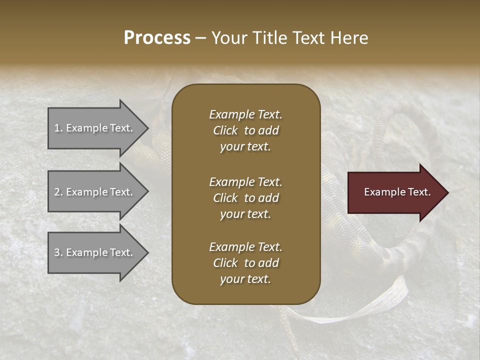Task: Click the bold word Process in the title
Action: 157,38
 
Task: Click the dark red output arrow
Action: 395,192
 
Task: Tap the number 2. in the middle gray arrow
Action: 58,192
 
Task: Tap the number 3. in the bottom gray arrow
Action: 58,253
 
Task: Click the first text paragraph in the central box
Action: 245,130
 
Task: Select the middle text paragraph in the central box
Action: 245,198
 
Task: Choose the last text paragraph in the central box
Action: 245,263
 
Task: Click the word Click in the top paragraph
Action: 225,130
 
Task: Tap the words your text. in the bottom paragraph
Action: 245,279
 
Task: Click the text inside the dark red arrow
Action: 397,192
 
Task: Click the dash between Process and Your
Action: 201,38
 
